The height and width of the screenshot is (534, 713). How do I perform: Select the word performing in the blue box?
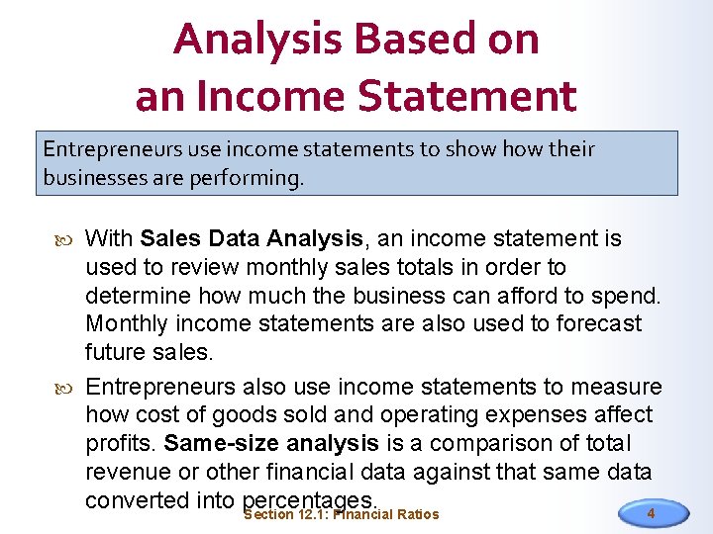coord(253,179)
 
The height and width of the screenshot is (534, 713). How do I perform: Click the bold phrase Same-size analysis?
coord(271,443)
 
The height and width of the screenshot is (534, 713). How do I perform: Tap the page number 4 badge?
coord(651,513)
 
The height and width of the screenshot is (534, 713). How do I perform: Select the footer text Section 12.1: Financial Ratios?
coord(341,514)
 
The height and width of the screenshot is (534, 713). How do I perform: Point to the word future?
coord(115,352)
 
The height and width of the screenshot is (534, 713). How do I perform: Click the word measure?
coord(618,387)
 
